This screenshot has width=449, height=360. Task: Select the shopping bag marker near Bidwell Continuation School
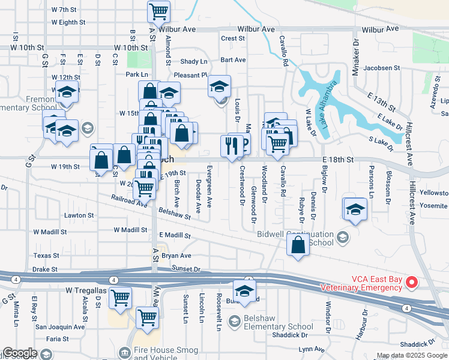[x=298, y=245]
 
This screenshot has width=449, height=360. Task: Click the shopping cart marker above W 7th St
[x=158, y=10]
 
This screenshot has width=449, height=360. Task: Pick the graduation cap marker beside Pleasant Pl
[x=220, y=86]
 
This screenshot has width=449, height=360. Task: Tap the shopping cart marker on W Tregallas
[x=121, y=296]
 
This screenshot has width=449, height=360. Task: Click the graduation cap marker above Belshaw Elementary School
[x=244, y=290]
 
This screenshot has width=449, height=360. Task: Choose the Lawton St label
[x=80, y=215]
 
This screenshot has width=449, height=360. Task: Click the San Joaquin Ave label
[x=59, y=327]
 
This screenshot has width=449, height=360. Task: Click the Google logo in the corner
[x=20, y=353]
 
